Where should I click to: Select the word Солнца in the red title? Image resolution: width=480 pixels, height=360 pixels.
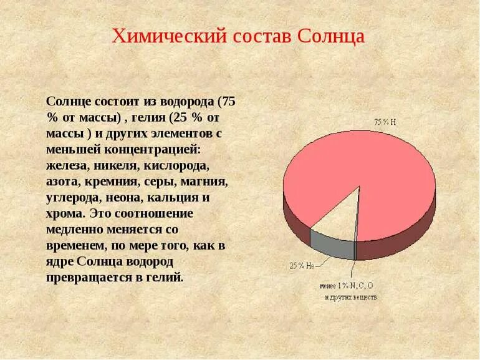click(x=331, y=36)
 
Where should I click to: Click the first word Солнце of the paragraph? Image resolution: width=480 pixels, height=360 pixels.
click(x=70, y=101)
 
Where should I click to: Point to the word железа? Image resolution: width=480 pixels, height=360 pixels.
click(x=67, y=166)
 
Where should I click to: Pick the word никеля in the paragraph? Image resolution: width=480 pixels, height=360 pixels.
click(x=117, y=166)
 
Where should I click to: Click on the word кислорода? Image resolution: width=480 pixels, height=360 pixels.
click(x=176, y=166)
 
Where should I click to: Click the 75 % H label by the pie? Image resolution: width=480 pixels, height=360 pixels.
click(x=385, y=121)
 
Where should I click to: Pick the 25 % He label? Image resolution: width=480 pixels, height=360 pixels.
click(x=301, y=265)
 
